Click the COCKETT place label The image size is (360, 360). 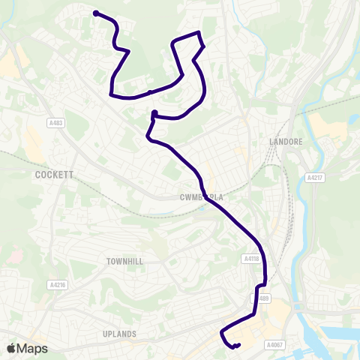[53, 174]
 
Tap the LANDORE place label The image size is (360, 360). [284, 140]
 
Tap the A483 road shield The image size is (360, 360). [55, 124]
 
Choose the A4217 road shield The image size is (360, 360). [314, 178]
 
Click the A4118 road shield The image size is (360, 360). [251, 258]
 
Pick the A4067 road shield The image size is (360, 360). [275, 344]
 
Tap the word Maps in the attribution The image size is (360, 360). [32, 348]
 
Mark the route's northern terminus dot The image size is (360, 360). [96, 13]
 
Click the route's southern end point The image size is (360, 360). [238, 345]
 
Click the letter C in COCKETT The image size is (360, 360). [37, 174]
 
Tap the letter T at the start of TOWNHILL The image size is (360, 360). [108, 260]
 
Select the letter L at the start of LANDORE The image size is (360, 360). [271, 140]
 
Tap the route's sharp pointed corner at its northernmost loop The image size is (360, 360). [199, 32]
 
